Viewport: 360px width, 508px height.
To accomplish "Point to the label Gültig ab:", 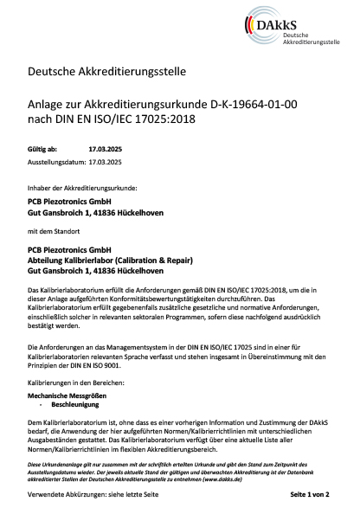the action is click(43, 149).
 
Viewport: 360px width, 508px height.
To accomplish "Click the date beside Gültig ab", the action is click(106, 149).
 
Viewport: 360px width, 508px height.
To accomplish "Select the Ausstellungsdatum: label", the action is click(57, 162).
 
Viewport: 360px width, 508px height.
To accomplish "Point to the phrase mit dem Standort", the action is click(54, 233).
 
